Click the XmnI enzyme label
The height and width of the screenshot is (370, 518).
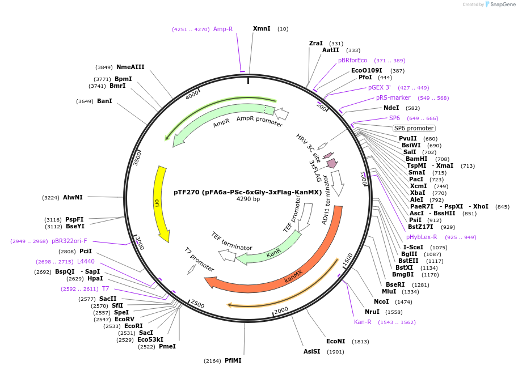coord(262,28)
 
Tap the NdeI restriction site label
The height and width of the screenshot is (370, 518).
coord(391,108)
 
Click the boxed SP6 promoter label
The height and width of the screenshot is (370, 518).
coord(414,128)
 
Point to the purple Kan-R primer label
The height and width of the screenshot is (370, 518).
coord(363,322)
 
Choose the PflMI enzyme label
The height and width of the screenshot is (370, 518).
coord(233,360)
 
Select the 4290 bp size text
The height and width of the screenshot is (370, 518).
coord(248,199)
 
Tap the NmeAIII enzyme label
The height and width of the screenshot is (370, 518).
coord(130,67)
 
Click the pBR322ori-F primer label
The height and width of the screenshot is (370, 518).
coord(69,241)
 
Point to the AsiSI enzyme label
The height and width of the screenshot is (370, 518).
coord(311,351)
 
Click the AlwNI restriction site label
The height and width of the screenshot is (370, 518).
coord(73,197)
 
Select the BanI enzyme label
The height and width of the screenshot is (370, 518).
coord(104,101)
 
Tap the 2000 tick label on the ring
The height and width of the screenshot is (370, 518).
coord(281,309)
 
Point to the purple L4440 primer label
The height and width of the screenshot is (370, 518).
coord(86,261)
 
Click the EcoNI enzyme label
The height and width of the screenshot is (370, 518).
coord(335,341)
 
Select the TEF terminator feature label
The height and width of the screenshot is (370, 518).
coord(231,241)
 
